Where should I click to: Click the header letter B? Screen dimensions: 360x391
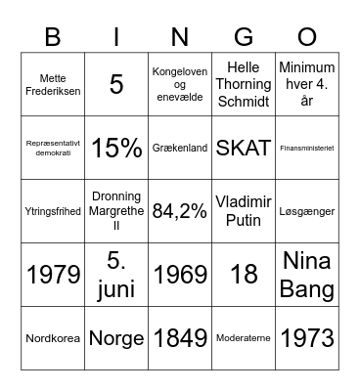[x=52, y=37]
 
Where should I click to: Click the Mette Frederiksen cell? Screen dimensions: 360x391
[x=53, y=84]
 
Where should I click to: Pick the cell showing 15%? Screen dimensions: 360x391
[x=116, y=148]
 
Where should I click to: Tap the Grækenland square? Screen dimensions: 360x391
[x=180, y=148]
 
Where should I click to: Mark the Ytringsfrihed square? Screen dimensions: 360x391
[x=53, y=211]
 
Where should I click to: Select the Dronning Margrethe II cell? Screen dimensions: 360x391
[x=116, y=211]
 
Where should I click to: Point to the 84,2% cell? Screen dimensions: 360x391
[x=180, y=211]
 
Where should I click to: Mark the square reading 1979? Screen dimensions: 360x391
[x=53, y=275]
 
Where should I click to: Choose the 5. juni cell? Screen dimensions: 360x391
[x=116, y=275]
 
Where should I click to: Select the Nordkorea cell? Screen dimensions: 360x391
[x=53, y=338]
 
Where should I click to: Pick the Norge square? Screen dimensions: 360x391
[x=116, y=338]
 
